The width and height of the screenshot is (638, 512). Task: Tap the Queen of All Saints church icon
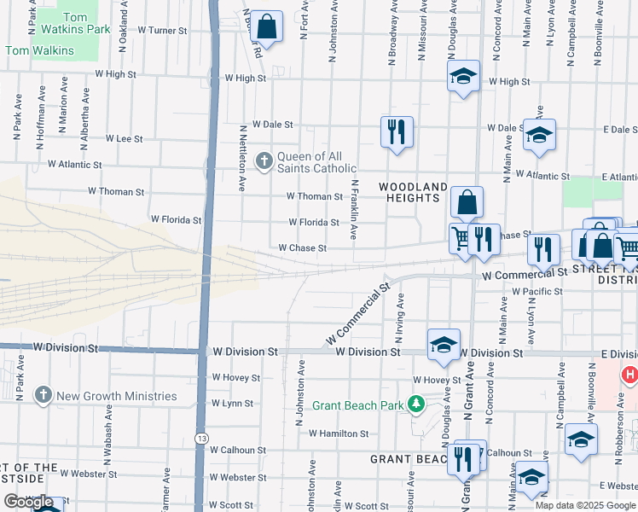coord(264,159)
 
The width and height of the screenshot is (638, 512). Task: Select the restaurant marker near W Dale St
coord(396,131)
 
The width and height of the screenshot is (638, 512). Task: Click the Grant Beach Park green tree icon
coord(416,404)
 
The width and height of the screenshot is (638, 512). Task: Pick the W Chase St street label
coord(303,248)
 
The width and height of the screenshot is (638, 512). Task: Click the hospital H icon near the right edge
coord(629,374)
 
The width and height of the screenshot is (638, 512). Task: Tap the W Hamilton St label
coord(339,433)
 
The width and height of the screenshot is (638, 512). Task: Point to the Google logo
coord(29,503)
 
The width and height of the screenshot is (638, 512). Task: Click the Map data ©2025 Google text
coord(585,505)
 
